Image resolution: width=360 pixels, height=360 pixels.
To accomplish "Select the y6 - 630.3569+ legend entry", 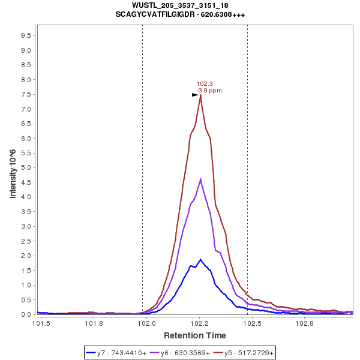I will click(x=183, y=353).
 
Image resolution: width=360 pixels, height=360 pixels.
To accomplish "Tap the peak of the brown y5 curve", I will click(x=200, y=95).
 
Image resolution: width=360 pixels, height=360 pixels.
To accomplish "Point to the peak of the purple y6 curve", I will click(x=200, y=179).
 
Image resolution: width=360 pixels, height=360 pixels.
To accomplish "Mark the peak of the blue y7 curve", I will click(x=200, y=259).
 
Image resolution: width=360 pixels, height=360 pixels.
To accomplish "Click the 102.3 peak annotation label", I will click(x=205, y=84).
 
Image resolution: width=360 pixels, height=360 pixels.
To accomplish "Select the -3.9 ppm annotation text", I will click(x=209, y=91).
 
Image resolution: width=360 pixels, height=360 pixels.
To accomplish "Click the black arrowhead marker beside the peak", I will click(x=195, y=95).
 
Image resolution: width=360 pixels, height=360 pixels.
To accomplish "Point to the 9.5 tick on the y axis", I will click(x=25, y=35).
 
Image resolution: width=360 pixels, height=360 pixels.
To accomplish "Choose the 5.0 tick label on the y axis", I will click(x=25, y=167).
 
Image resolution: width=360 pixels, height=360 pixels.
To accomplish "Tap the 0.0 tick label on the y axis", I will click(x=25, y=314).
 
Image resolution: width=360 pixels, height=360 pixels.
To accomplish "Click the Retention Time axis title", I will click(x=195, y=335).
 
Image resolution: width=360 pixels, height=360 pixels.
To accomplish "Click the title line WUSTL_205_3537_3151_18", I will click(x=180, y=5).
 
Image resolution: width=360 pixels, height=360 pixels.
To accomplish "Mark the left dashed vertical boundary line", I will click(x=142, y=168).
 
